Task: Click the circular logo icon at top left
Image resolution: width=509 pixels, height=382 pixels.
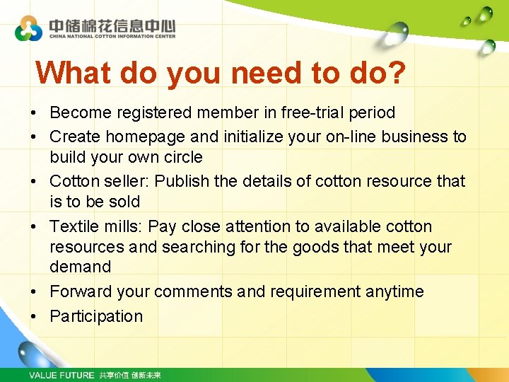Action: coord(29,28)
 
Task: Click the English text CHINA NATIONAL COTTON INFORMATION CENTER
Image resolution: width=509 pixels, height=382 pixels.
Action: coord(112,36)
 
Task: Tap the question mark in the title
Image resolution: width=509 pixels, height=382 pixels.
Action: coord(397,72)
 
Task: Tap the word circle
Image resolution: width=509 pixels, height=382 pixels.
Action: coord(182,157)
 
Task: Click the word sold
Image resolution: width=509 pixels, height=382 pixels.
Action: coord(124,202)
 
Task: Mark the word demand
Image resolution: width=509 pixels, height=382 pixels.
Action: coord(80,267)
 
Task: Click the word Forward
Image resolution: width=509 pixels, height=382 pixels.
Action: coord(81,291)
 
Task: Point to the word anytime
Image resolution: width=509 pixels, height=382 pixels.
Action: coord(395,291)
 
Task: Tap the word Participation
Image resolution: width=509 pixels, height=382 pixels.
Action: coord(96,316)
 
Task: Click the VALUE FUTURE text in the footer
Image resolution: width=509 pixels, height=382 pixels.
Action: coord(61,375)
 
